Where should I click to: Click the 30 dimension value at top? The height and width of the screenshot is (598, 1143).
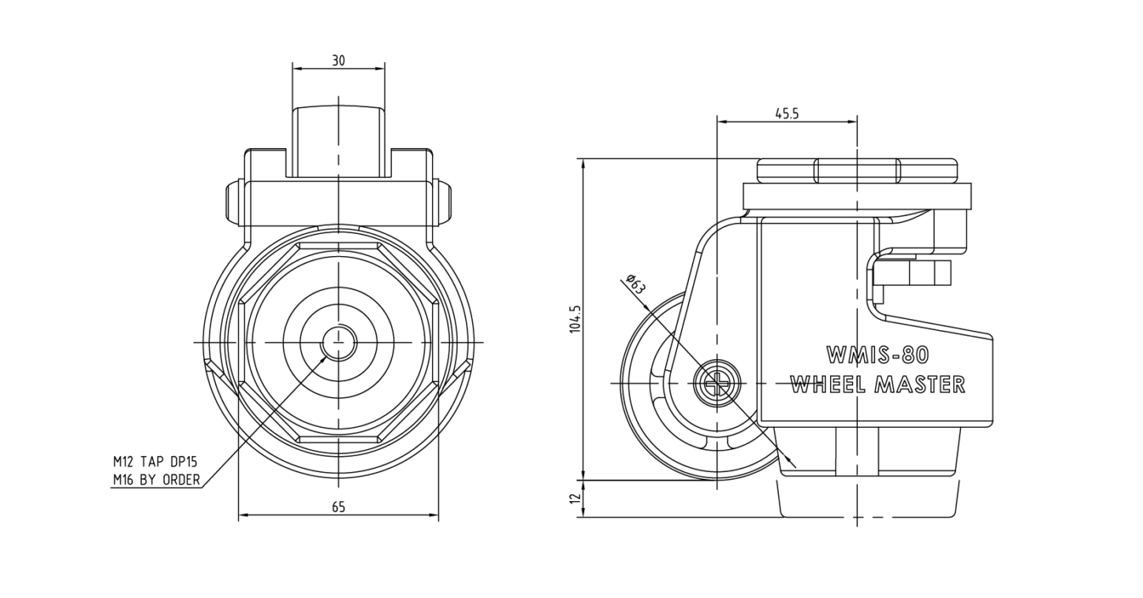[x=338, y=61]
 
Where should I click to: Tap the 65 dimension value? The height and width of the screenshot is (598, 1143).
[x=338, y=507]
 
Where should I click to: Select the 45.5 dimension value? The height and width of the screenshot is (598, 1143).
[x=787, y=113]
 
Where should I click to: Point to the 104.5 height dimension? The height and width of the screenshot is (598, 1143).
[x=575, y=320]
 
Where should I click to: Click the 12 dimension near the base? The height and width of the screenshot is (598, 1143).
[x=575, y=498]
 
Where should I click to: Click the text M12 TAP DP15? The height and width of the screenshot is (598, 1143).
[x=155, y=462]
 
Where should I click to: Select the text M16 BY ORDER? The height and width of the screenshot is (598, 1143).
[x=157, y=480]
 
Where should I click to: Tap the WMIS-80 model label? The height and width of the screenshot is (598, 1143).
[x=877, y=355]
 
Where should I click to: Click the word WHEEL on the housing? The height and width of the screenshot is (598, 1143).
[x=828, y=384]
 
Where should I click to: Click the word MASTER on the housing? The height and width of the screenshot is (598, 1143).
[x=920, y=384]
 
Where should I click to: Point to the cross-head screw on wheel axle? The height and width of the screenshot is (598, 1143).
[x=717, y=383]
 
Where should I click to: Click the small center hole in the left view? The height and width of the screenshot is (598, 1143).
[x=338, y=342]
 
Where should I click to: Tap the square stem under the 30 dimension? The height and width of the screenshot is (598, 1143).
[x=338, y=142]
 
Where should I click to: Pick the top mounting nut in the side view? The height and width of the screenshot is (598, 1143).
[x=858, y=171]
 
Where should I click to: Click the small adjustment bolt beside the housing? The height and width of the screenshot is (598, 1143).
[x=912, y=273]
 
